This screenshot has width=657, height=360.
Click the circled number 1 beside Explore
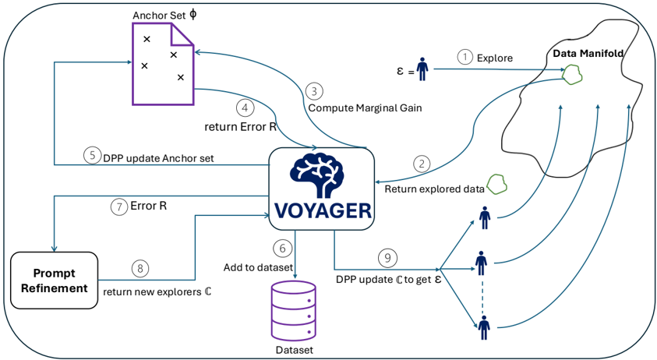[464, 57]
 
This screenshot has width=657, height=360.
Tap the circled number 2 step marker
[422, 164]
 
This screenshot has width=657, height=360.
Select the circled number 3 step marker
[314, 90]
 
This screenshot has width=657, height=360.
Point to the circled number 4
[245, 108]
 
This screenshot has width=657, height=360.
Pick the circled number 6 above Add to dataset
[282, 248]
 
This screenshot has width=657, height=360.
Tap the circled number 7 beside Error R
[119, 206]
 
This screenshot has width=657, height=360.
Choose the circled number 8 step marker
[140, 268]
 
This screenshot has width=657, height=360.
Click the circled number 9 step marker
[387, 257]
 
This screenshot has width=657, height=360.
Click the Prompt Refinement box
[54, 281]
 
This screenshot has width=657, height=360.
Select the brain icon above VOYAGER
[317, 174]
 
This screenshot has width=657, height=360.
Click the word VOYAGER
[323, 211]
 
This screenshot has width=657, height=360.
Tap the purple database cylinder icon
[294, 311]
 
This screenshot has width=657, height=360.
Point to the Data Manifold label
[588, 53]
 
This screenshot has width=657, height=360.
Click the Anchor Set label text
[159, 16]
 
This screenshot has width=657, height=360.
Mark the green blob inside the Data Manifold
[572, 75]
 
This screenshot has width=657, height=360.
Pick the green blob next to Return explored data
[496, 184]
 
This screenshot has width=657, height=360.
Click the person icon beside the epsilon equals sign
[422, 69]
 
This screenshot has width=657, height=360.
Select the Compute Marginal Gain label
[365, 108]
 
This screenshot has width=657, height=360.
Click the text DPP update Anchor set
[158, 158]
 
